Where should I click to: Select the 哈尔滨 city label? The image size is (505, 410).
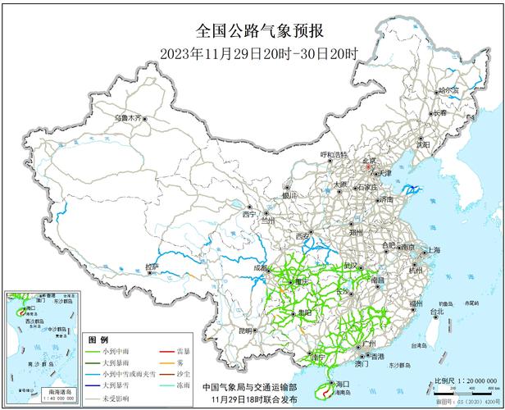(450, 91)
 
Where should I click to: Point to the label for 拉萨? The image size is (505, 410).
(151, 266)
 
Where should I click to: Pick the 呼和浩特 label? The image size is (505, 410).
(334, 154)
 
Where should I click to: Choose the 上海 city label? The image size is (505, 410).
(431, 250)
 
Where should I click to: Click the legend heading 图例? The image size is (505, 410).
(98, 339)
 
